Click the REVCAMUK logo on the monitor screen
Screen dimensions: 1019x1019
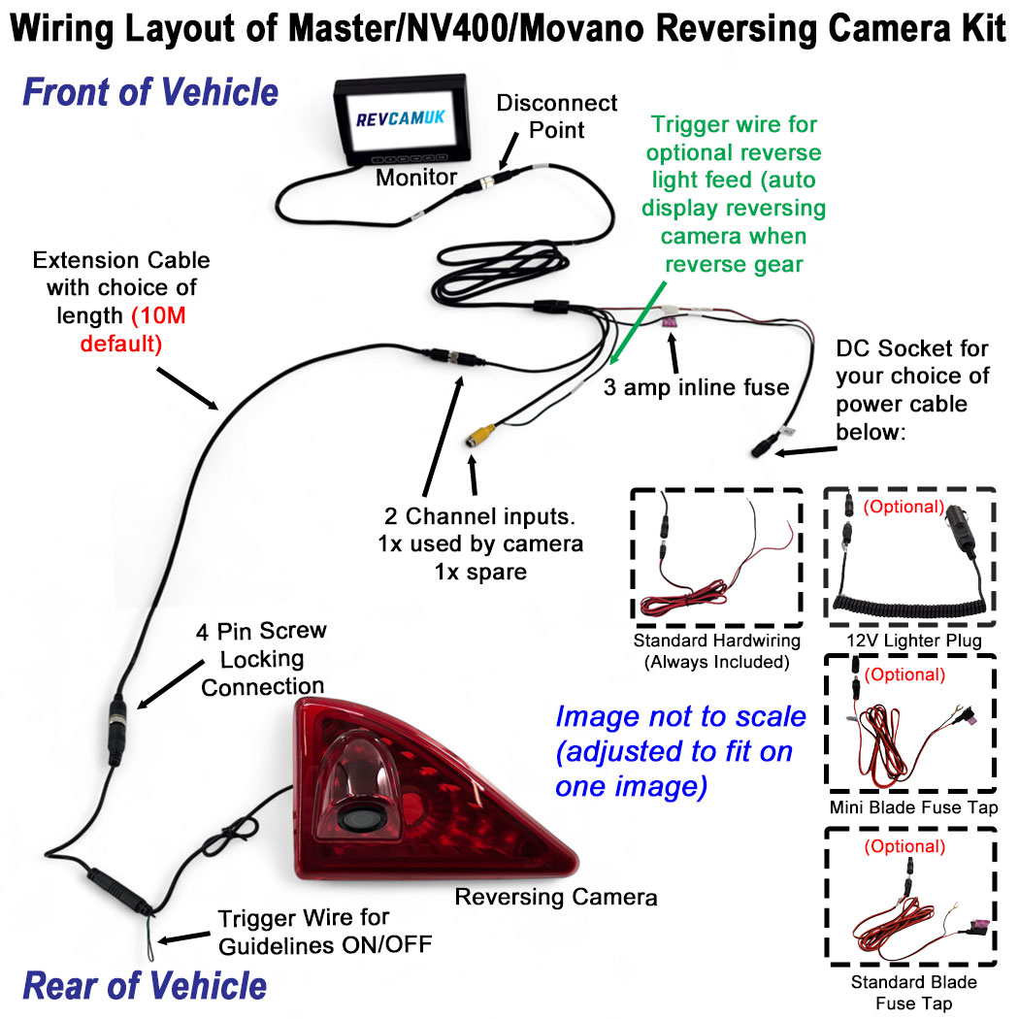click(400, 118)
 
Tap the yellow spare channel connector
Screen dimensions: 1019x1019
click(481, 435)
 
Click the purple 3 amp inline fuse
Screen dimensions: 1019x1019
click(670, 323)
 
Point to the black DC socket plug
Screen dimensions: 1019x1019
click(766, 446)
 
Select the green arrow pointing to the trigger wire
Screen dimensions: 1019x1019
click(638, 323)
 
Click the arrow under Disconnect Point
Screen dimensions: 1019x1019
click(509, 151)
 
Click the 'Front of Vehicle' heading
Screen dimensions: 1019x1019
click(150, 91)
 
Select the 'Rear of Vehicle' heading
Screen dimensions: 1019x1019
click(145, 986)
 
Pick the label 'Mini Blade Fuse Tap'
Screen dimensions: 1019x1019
click(913, 807)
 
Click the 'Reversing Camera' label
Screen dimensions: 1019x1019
click(556, 897)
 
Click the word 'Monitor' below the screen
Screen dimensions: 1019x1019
click(416, 177)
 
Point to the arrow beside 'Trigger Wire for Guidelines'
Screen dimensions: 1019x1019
click(184, 937)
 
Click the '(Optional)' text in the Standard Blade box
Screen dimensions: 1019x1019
click(904, 846)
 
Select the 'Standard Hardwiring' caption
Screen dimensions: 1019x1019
click(717, 641)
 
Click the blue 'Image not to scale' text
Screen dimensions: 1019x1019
click(680, 717)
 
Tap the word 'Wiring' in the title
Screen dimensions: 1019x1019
click(62, 27)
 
